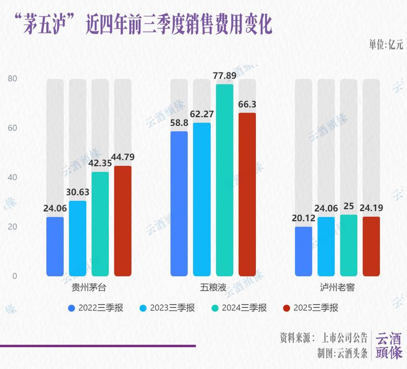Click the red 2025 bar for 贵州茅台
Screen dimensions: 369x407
[123, 221]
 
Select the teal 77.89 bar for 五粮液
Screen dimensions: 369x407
[224, 181]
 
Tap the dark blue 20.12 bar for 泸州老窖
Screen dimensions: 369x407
[304, 251]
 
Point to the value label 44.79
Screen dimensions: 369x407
[123, 157]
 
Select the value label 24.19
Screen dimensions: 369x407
[371, 208]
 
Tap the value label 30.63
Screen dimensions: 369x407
[77, 192]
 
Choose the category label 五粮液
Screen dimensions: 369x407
[213, 287]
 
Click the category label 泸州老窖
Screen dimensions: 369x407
[337, 287]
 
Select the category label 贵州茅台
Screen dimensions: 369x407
[89, 287]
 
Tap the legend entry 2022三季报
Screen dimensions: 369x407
[101, 308]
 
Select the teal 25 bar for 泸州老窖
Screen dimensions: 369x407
[348, 245]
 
